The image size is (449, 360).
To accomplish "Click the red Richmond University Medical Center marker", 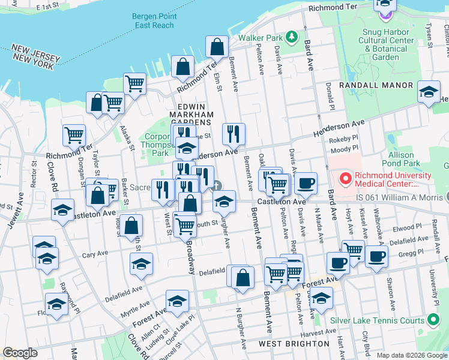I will tap(345, 177).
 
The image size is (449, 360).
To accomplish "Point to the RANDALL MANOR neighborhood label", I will tap(376, 86).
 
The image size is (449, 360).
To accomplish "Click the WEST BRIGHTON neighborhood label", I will tap(294, 344).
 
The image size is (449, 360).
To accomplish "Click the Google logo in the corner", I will tap(20, 353).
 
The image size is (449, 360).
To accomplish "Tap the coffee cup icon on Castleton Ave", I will tap(306, 183).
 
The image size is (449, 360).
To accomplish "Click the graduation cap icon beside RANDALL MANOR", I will tap(428, 92).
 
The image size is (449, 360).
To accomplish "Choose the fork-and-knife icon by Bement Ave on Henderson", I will tap(234, 134).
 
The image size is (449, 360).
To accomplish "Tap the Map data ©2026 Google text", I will tap(412, 355).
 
